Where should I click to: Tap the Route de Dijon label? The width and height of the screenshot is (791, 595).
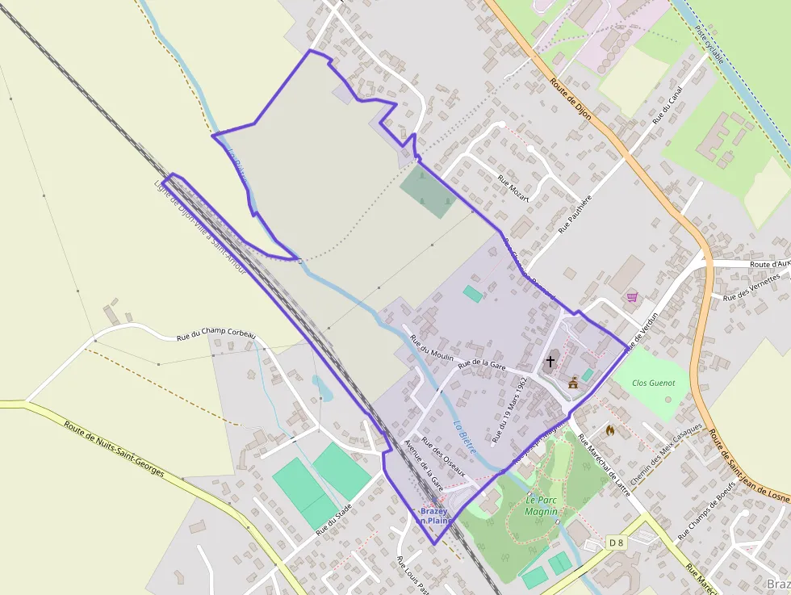click(x=571, y=98)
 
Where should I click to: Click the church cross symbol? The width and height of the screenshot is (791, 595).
click(x=551, y=361)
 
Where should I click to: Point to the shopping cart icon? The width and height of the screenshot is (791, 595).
click(x=631, y=296)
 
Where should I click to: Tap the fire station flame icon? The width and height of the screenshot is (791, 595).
click(x=609, y=431)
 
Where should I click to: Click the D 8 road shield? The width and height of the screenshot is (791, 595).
click(x=617, y=543)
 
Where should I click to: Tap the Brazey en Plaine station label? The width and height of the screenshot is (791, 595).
click(x=434, y=516)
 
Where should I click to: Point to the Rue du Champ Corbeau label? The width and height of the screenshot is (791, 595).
click(x=216, y=335)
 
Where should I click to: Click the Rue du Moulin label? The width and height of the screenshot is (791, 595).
click(x=432, y=348)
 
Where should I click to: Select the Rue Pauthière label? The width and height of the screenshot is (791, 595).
click(x=575, y=214)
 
